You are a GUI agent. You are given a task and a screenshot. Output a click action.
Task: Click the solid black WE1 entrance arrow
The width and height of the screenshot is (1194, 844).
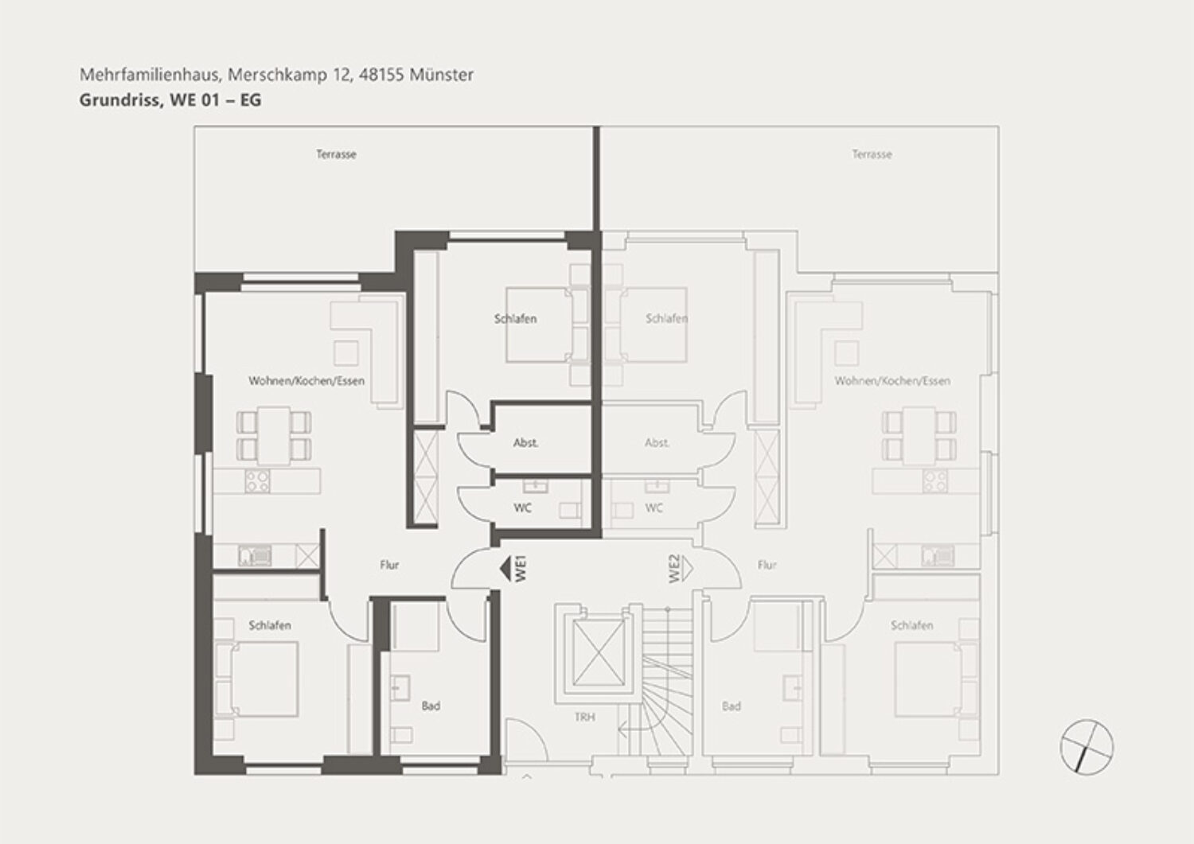click(505, 569)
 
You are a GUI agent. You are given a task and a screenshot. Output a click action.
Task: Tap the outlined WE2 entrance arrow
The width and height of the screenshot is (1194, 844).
click(686, 569)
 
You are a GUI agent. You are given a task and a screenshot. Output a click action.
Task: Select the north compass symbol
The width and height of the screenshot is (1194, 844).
click(1087, 746)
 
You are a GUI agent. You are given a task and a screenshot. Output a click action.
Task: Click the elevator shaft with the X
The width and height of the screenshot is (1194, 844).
click(598, 653)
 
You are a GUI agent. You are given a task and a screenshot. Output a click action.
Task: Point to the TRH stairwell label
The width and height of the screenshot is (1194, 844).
click(585, 718)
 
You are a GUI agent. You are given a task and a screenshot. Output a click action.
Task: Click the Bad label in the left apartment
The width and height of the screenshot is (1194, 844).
click(431, 706)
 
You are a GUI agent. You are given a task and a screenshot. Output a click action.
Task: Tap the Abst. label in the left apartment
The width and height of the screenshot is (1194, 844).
click(525, 443)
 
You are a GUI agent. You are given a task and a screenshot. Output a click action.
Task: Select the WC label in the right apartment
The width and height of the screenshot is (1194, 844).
click(654, 508)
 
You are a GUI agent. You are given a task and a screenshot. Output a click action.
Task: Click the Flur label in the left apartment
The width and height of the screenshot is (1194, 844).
click(389, 565)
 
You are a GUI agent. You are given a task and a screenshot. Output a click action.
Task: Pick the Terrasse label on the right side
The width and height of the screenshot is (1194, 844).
click(872, 154)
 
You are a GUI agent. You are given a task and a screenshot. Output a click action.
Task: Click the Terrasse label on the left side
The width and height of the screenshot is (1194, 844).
click(336, 154)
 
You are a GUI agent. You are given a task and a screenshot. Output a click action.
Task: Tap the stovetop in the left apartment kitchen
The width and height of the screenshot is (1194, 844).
click(257, 481)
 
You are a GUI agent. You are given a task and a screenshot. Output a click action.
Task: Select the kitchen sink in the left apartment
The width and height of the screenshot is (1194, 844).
click(256, 556)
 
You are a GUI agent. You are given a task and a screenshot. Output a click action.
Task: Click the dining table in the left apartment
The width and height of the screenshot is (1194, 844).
click(274, 435)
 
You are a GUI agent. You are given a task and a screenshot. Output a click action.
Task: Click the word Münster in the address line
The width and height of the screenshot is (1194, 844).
click(441, 75)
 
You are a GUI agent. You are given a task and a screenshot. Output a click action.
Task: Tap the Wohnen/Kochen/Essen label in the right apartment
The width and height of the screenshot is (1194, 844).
click(892, 381)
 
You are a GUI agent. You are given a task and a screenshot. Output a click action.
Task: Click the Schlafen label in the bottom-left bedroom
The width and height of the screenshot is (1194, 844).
click(270, 625)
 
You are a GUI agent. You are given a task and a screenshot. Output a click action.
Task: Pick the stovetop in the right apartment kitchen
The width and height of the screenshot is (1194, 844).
click(935, 481)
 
